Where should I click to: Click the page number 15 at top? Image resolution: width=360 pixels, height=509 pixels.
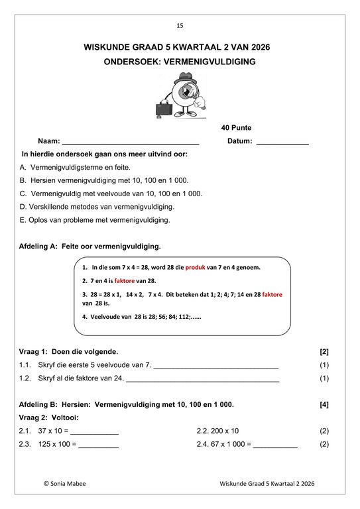point(180,26)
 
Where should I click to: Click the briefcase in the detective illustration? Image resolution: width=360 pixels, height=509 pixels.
point(164,107)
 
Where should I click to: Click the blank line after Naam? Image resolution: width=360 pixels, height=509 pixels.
point(130,142)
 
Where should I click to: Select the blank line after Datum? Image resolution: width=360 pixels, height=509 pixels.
point(282,142)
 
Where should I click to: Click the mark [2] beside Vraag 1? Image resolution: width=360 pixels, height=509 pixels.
point(324,351)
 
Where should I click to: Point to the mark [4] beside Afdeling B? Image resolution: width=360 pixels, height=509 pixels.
point(324,404)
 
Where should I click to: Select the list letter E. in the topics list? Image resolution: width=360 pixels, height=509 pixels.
point(24,220)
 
